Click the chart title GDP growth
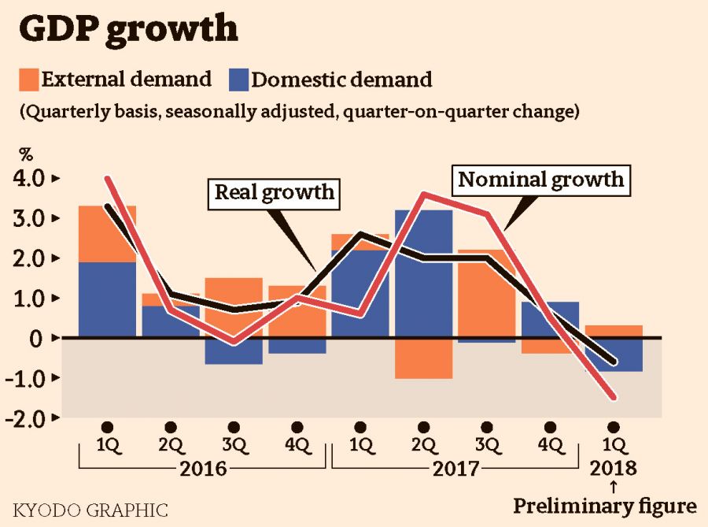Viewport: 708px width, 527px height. (x=127, y=28)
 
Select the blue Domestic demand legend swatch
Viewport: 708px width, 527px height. (x=238, y=80)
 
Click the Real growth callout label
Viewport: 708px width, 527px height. (x=275, y=192)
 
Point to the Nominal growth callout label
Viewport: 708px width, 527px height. (x=540, y=180)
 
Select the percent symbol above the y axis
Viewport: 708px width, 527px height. (x=25, y=153)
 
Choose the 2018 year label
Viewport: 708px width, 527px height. (x=614, y=469)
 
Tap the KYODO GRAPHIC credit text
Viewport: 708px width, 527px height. (x=90, y=509)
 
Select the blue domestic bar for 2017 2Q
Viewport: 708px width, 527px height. (x=423, y=268)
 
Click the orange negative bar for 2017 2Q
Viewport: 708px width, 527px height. (x=423, y=358)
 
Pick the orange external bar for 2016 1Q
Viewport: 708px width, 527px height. (x=107, y=233)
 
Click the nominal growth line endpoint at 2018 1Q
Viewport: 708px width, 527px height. (x=613, y=398)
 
